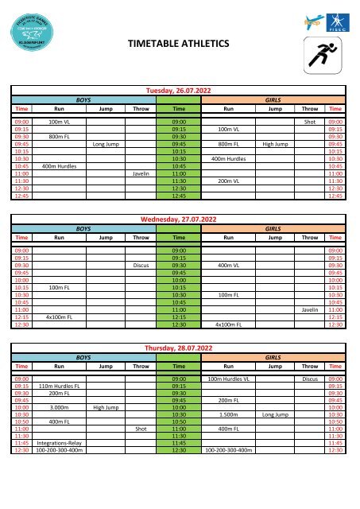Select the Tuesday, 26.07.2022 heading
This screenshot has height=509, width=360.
click(x=180, y=92)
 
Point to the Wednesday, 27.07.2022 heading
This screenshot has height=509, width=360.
click(x=180, y=219)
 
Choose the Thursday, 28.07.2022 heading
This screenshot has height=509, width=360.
click(x=180, y=348)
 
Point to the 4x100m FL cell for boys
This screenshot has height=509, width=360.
click(x=59, y=317)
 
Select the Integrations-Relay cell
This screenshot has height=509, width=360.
click(x=59, y=441)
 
